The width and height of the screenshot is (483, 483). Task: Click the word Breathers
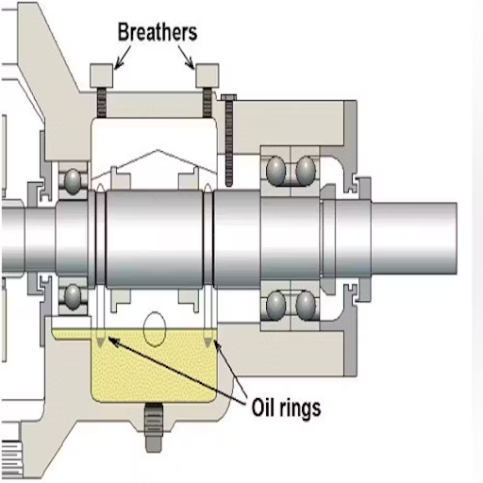click(x=158, y=32)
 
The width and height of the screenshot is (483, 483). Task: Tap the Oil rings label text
click(x=286, y=408)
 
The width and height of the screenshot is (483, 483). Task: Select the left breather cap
click(x=102, y=75)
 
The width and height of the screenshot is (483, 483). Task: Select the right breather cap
click(x=207, y=75)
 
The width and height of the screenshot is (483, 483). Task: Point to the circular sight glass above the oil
click(x=154, y=329)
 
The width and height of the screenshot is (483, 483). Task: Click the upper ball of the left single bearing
click(x=73, y=181)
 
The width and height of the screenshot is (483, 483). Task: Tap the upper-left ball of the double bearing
click(x=275, y=171)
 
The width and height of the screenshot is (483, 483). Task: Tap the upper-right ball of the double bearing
click(x=306, y=171)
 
